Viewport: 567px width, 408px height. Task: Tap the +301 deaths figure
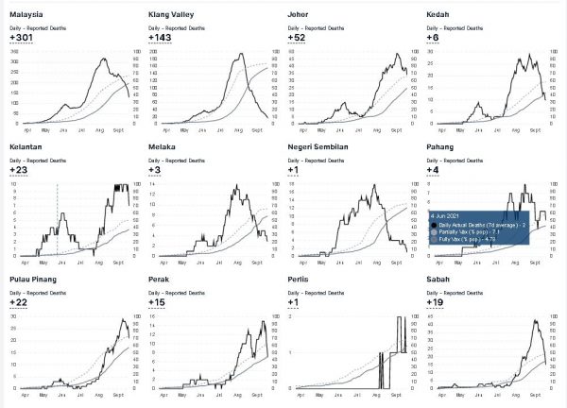(23, 39)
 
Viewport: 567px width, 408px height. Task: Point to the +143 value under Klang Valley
(162, 39)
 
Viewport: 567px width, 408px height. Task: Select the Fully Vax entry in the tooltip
(471, 241)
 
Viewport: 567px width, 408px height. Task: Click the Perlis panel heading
(301, 280)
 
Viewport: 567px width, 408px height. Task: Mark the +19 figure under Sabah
(438, 302)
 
